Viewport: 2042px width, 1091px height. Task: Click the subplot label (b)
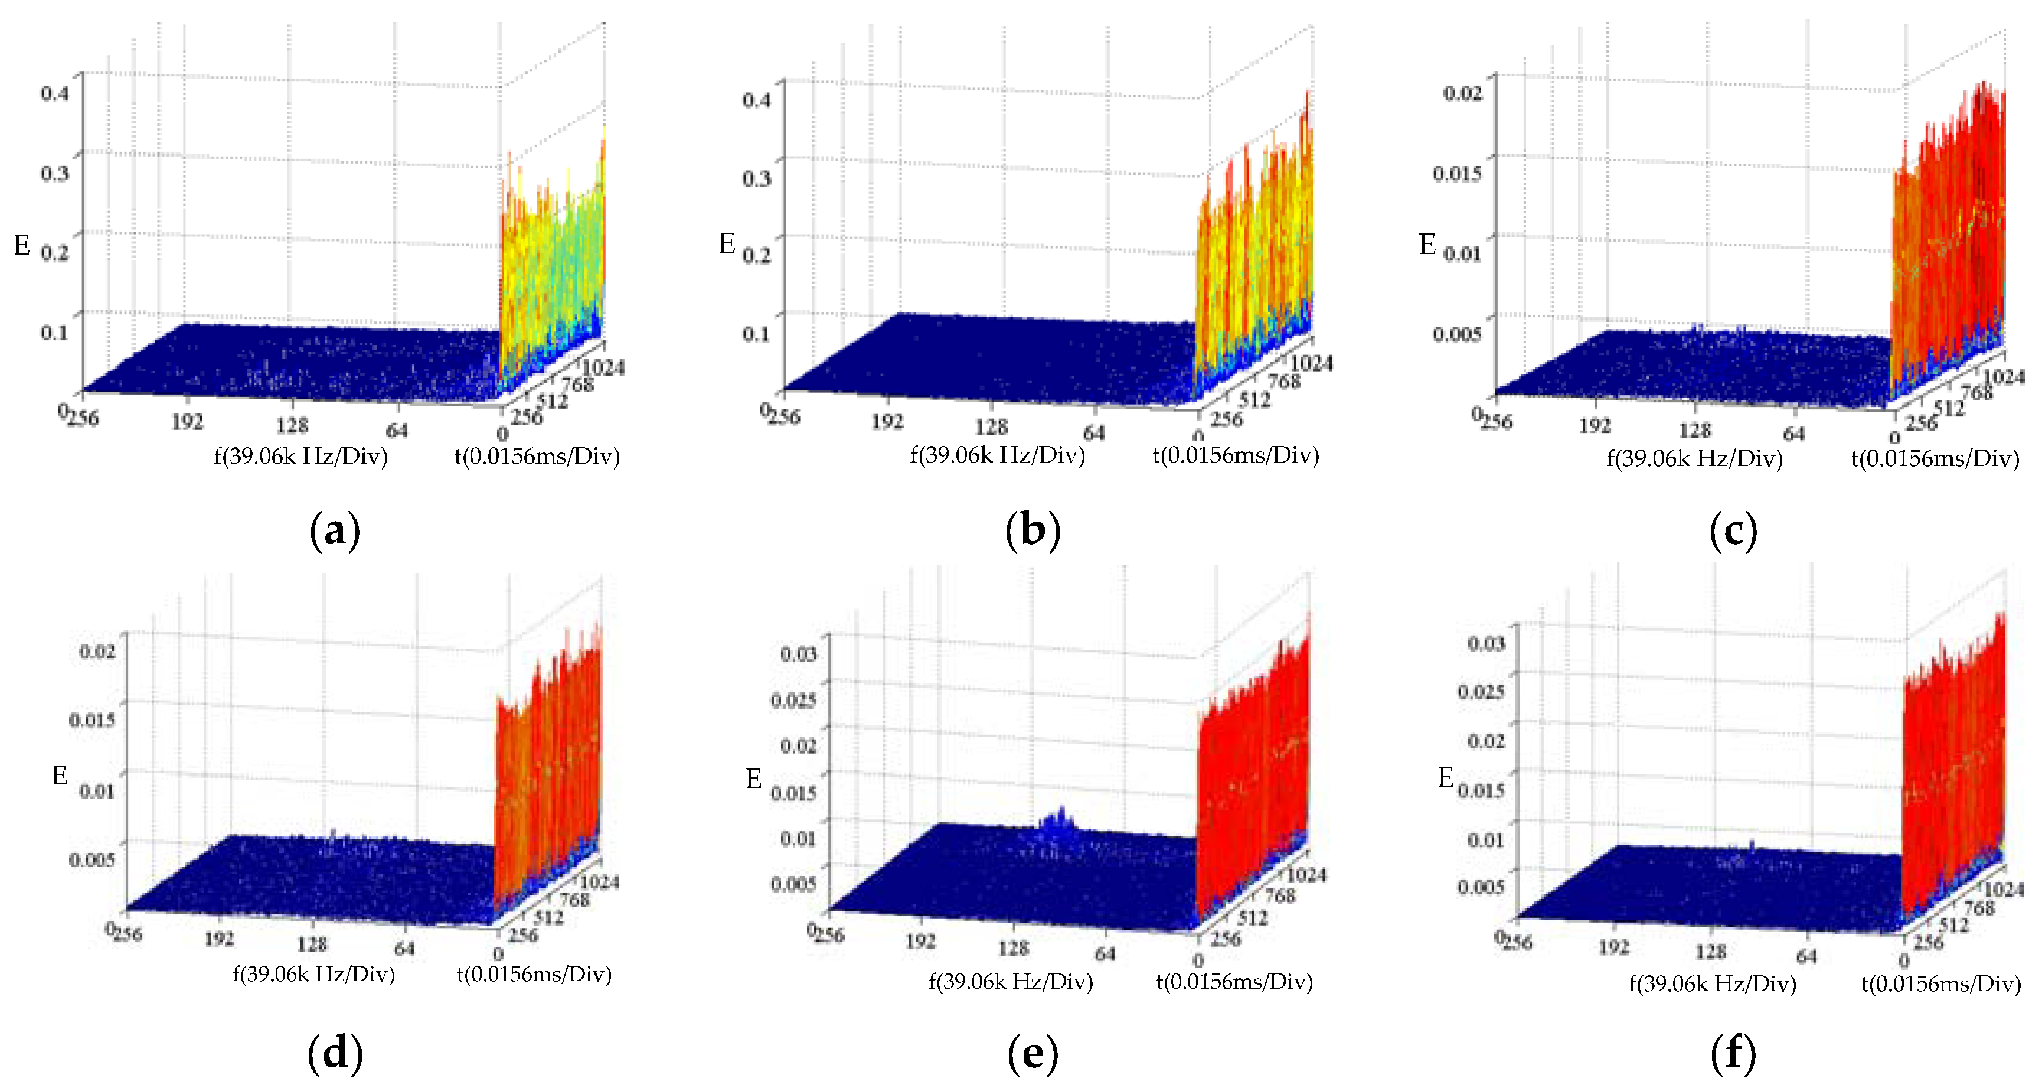[1032, 530]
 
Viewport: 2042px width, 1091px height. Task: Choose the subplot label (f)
[1733, 1054]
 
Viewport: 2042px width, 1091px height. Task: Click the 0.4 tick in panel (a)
[55, 93]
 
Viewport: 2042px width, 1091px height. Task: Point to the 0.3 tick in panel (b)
[756, 178]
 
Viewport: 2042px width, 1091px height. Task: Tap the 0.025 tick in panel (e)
[793, 700]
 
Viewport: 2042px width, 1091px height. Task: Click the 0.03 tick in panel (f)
[1485, 643]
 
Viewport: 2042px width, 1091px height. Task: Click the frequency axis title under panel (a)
[301, 457]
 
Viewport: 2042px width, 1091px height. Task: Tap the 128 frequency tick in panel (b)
[991, 427]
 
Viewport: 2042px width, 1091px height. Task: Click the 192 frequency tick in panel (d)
[220, 939]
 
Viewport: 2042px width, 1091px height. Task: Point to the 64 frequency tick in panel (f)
[1806, 956]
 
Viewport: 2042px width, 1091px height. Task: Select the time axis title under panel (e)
[1234, 982]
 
